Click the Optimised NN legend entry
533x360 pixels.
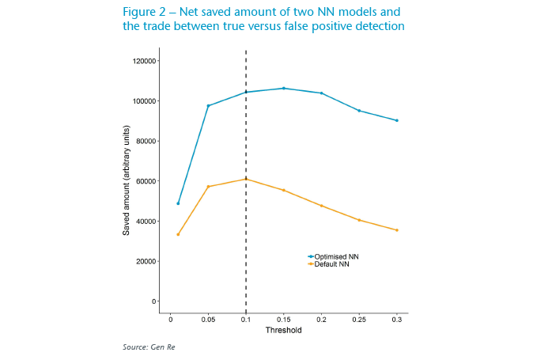pos(333,256)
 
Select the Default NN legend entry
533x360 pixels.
pos(330,263)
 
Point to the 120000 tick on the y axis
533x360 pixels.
pos(146,61)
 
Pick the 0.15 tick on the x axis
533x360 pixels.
pos(283,320)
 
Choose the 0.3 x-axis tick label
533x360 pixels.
pos(396,320)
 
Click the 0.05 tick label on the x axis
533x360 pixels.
pos(208,320)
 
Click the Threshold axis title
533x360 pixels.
pos(283,331)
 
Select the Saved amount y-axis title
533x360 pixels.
pos(126,181)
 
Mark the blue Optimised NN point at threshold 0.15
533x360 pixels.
pos(284,89)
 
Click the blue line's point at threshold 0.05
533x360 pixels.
pos(208,106)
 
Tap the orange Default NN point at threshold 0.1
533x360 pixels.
pos(246,179)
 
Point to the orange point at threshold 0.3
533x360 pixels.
pos(397,230)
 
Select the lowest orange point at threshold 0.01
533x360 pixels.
pos(178,234)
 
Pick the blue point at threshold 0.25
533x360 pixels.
pos(359,111)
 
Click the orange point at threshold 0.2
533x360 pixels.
pos(321,206)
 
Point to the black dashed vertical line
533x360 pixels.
pos(246,237)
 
